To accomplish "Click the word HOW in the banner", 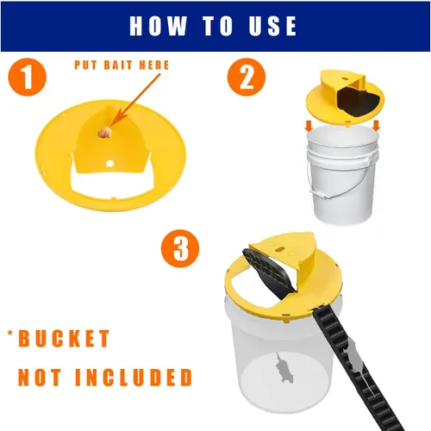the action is [159, 26].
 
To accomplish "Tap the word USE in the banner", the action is [272, 26].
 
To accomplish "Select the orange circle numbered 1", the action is [28, 77].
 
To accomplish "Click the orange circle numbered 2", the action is [247, 77].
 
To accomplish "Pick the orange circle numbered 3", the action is [180, 248].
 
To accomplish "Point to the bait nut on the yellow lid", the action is [104, 133].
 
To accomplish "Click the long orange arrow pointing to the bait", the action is [134, 100].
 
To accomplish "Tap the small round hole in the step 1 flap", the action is [109, 164].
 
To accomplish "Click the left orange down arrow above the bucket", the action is [309, 126].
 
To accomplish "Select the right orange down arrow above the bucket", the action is [376, 125].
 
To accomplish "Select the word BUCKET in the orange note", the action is [64, 339].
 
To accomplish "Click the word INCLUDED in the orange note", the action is [134, 377].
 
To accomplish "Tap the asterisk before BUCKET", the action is [10, 334].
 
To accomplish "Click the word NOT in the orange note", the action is [40, 377].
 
